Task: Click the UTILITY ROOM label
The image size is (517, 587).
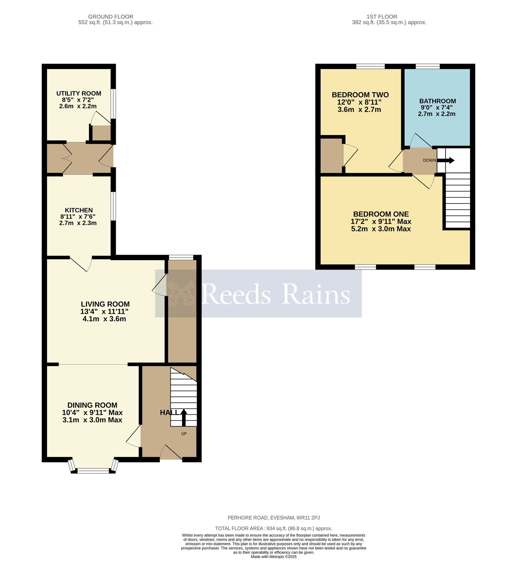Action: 79,93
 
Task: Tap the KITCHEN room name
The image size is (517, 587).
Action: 79,210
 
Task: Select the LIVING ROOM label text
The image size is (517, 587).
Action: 105,304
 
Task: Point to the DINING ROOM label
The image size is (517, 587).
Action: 92,405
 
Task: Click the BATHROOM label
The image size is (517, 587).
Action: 438,101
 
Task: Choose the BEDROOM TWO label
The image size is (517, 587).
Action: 360,95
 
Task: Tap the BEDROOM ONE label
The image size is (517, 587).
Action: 381,214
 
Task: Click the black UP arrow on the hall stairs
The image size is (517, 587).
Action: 184,417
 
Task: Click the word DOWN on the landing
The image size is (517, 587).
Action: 429,160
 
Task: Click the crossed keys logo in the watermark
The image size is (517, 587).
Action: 181,293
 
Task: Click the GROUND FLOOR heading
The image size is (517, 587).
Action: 111,17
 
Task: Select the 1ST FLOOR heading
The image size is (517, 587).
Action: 382,17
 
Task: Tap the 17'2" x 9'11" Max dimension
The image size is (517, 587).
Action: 381,222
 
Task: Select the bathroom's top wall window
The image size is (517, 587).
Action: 428,66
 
